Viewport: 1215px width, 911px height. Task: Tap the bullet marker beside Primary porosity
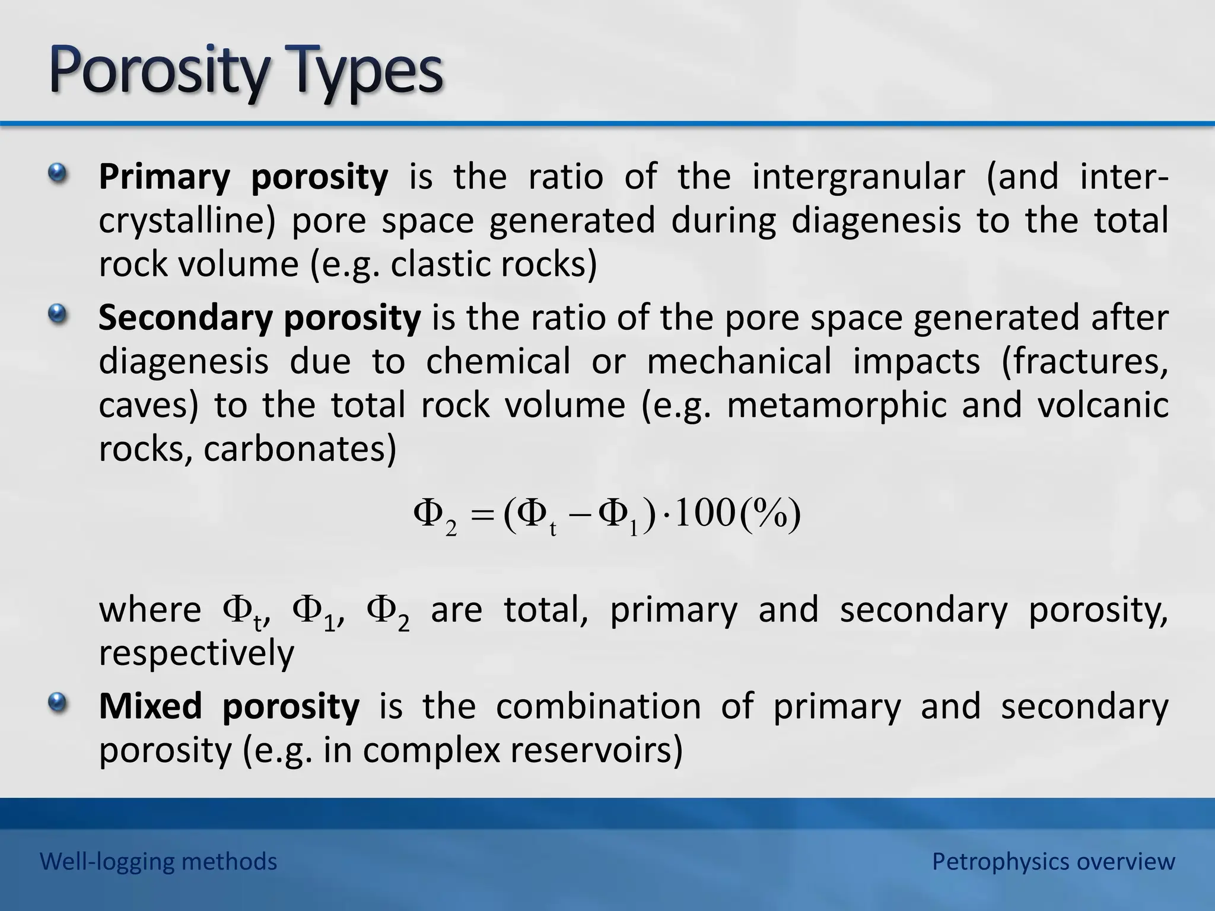tap(57, 173)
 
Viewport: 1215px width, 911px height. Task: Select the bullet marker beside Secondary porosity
tap(57, 314)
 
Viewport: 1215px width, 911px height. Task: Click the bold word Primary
tap(164, 177)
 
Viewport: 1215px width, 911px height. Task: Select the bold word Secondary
tap(185, 317)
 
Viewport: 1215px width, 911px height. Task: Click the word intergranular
tap(858, 177)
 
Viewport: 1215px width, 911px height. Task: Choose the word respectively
tap(196, 654)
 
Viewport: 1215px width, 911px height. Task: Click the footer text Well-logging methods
tap(158, 861)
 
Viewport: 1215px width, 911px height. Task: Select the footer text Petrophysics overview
tap(1053, 861)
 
